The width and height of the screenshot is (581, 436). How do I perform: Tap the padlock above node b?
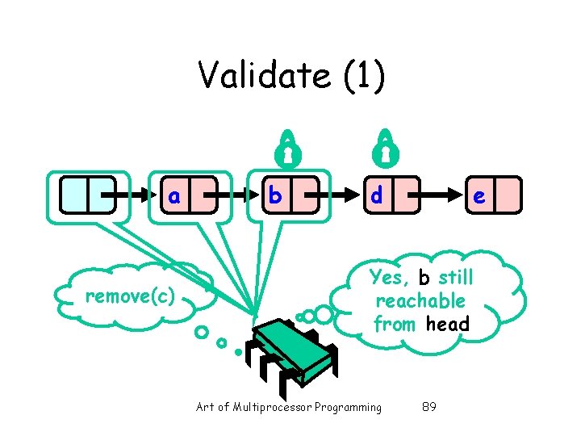pos(287,147)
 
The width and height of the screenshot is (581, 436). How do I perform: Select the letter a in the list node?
pos(173,196)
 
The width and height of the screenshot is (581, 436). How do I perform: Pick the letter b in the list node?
pos(274,196)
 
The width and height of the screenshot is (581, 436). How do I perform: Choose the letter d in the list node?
pos(375,196)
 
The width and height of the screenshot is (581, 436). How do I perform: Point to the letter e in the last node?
pos(479,196)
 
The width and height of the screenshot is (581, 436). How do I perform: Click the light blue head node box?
pos(88,195)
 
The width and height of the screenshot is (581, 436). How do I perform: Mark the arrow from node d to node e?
pos(440,195)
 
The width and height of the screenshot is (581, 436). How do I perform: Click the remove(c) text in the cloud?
pos(130,296)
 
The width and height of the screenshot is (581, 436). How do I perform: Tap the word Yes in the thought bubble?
pos(389,279)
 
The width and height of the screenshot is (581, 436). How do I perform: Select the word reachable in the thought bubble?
pos(420,301)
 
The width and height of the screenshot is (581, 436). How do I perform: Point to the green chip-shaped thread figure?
pos(293,347)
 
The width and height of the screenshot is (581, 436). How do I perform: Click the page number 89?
pos(429,407)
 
